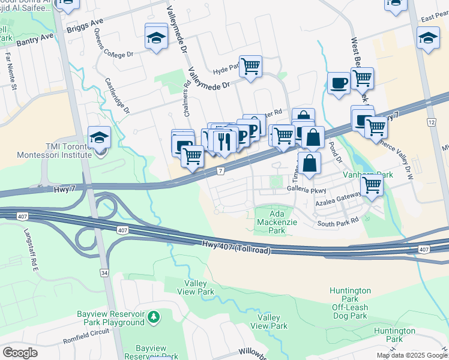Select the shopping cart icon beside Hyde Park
250,67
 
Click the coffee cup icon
339,83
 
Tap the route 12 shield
430,122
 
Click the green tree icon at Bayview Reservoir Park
154,316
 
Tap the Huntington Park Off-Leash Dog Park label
350,303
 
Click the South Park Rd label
338,222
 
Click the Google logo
20,352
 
